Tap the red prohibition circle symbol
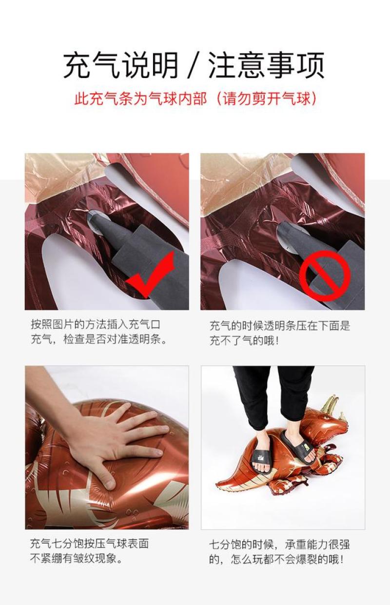pos(325,276)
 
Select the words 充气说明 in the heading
pos(121,65)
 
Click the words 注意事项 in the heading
pos(266,65)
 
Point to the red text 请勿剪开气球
pos(266,98)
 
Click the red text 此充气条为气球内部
pos(140,98)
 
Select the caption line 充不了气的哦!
pos(244,341)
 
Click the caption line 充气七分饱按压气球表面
pos(89,544)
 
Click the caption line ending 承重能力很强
pos(279,544)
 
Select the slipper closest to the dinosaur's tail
pos(261,461)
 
